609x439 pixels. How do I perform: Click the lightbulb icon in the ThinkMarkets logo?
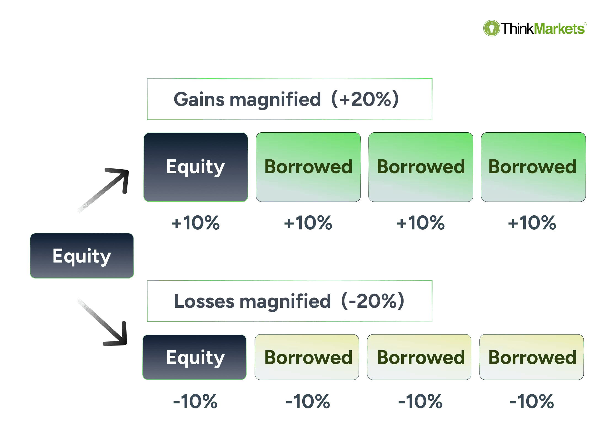(x=492, y=28)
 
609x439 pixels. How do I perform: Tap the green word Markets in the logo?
(x=559, y=29)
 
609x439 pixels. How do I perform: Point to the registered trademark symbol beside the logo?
(x=585, y=24)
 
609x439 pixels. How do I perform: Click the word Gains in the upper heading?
(x=199, y=99)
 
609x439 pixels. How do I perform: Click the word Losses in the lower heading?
(x=204, y=301)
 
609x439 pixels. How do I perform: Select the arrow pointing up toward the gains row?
(x=103, y=190)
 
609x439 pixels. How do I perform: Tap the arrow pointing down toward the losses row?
(x=102, y=322)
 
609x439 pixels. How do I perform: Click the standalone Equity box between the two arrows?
(x=82, y=256)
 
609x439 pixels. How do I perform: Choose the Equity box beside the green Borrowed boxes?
(x=196, y=167)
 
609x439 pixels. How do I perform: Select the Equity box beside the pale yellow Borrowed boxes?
(x=194, y=357)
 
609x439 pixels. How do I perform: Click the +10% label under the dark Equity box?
(x=196, y=223)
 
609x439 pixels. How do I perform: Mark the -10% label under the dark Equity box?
(x=195, y=401)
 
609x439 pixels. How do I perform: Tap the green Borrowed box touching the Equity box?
(x=308, y=167)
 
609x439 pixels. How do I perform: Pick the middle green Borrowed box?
(x=421, y=167)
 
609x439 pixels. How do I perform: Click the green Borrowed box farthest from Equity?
(x=533, y=167)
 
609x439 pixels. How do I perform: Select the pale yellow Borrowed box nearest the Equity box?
(x=307, y=357)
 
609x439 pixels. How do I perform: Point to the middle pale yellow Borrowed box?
(x=419, y=357)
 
